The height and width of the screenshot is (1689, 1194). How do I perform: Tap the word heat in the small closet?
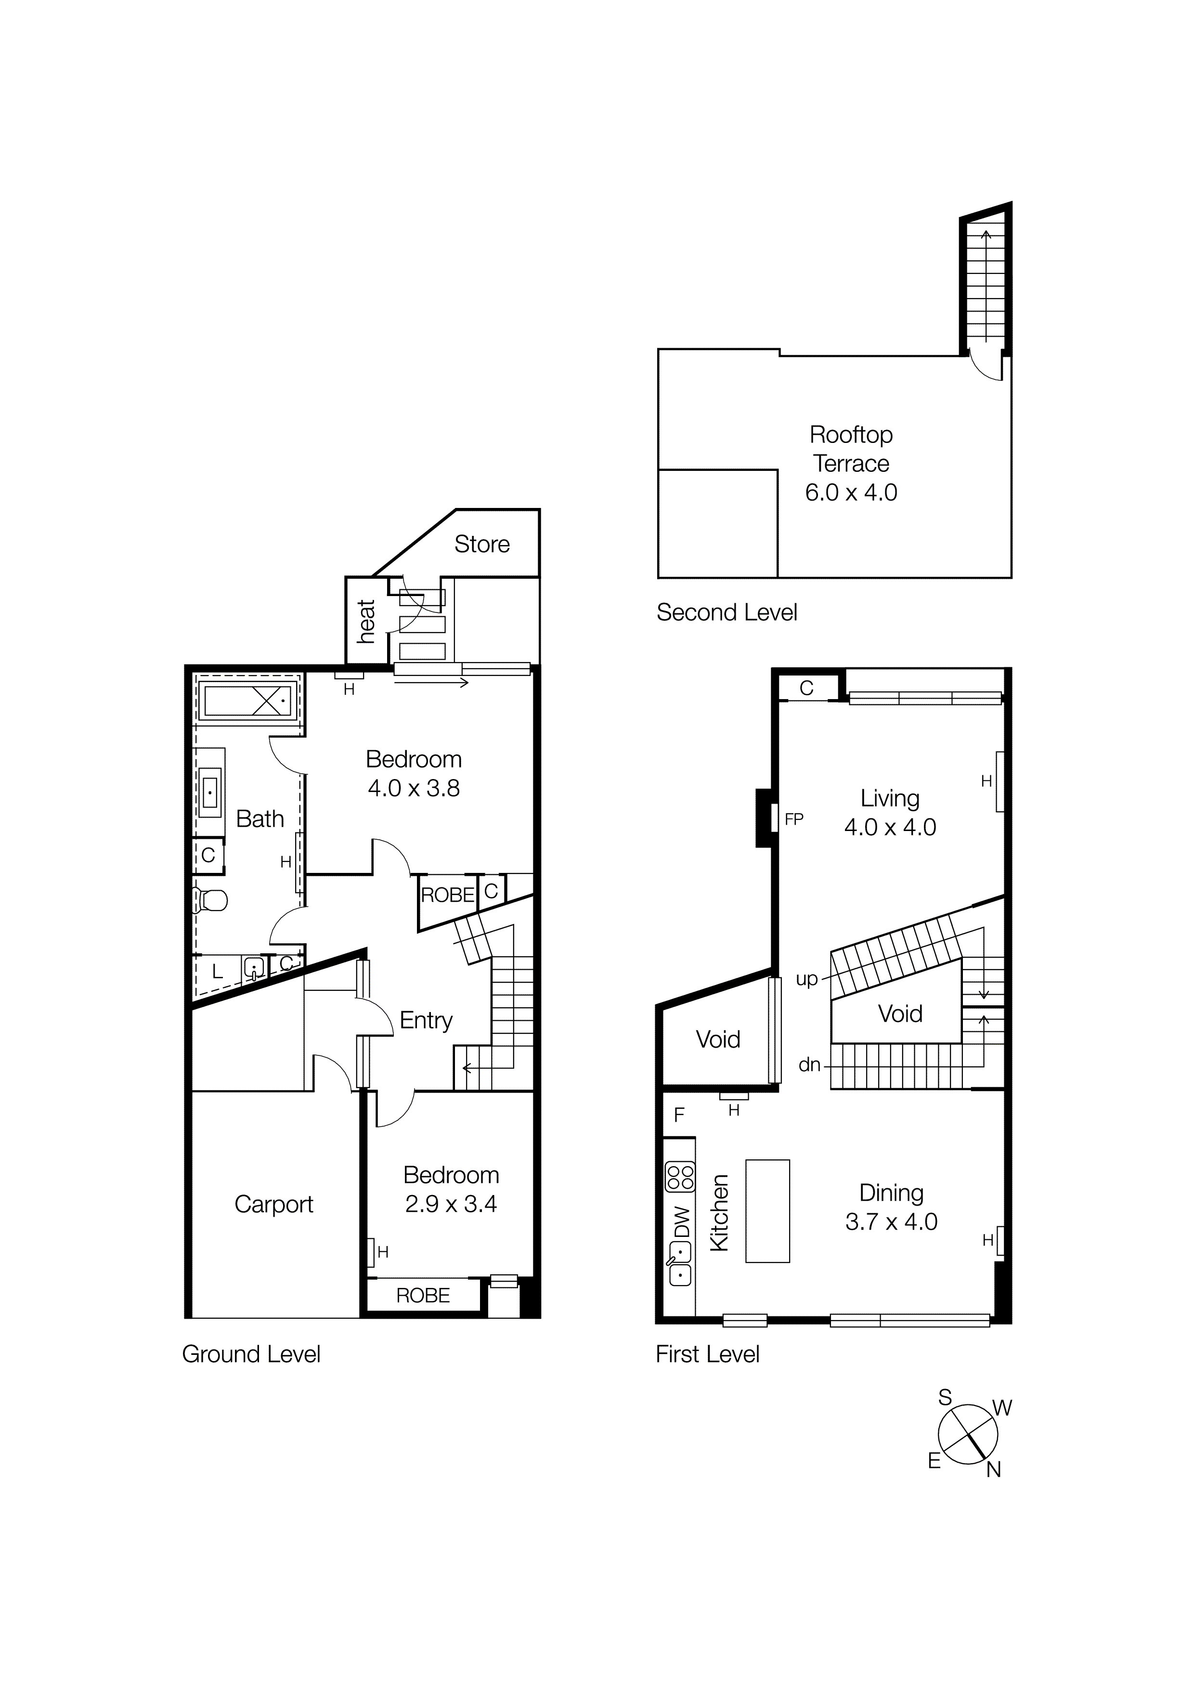pyautogui.click(x=366, y=622)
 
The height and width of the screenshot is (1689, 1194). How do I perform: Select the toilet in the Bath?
pyautogui.click(x=211, y=900)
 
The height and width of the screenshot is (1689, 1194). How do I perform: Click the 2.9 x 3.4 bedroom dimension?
pyautogui.click(x=451, y=1204)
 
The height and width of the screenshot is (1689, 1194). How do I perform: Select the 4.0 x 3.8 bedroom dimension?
pyautogui.click(x=414, y=789)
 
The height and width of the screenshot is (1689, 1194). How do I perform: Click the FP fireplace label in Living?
pyautogui.click(x=794, y=819)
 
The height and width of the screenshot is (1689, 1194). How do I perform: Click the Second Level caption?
pyautogui.click(x=727, y=613)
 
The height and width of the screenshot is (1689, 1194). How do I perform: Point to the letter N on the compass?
pyautogui.click(x=993, y=1470)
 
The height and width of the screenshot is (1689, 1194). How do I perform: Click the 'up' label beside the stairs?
pyautogui.click(x=807, y=980)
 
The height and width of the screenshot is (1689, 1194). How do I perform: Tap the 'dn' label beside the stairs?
pyautogui.click(x=809, y=1065)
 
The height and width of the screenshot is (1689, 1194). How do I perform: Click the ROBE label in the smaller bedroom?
pyautogui.click(x=423, y=1296)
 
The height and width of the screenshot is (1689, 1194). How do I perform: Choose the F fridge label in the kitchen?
pyautogui.click(x=679, y=1115)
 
